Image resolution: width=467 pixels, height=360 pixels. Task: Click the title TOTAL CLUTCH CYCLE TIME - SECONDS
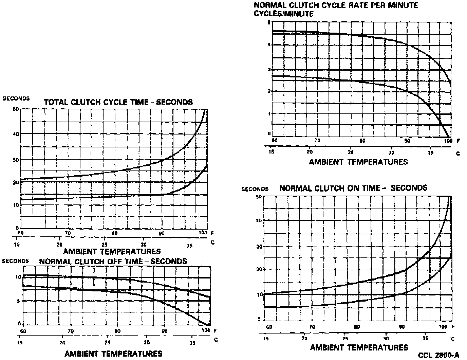(118, 102)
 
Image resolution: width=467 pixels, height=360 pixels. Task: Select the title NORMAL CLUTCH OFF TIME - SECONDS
(113, 262)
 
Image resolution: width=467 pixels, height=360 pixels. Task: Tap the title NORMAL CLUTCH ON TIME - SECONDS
(353, 188)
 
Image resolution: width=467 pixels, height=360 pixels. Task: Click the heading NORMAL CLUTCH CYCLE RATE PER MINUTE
(336, 5)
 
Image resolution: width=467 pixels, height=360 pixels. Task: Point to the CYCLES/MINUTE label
(284, 14)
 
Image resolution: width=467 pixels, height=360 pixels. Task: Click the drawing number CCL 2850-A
(438, 355)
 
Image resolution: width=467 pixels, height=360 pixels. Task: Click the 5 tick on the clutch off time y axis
(19, 301)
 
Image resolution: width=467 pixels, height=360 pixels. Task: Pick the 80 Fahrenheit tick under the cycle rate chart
(362, 141)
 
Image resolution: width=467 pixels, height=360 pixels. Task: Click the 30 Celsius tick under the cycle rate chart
(391, 152)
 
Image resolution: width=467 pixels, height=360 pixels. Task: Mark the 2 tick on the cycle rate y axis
(269, 91)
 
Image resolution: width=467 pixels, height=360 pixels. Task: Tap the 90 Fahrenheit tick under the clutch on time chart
(402, 327)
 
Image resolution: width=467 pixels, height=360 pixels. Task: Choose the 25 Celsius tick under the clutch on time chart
(345, 339)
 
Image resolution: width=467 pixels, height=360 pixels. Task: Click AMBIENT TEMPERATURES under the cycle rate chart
(358, 162)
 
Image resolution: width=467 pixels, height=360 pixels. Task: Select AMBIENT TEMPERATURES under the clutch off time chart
(113, 354)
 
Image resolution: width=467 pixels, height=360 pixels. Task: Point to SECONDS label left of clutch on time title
(255, 189)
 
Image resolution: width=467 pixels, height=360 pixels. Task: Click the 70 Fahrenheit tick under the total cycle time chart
(68, 233)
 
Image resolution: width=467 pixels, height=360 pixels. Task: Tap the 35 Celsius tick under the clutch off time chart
(192, 343)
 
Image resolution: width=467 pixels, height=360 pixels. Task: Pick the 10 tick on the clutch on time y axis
(260, 294)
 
